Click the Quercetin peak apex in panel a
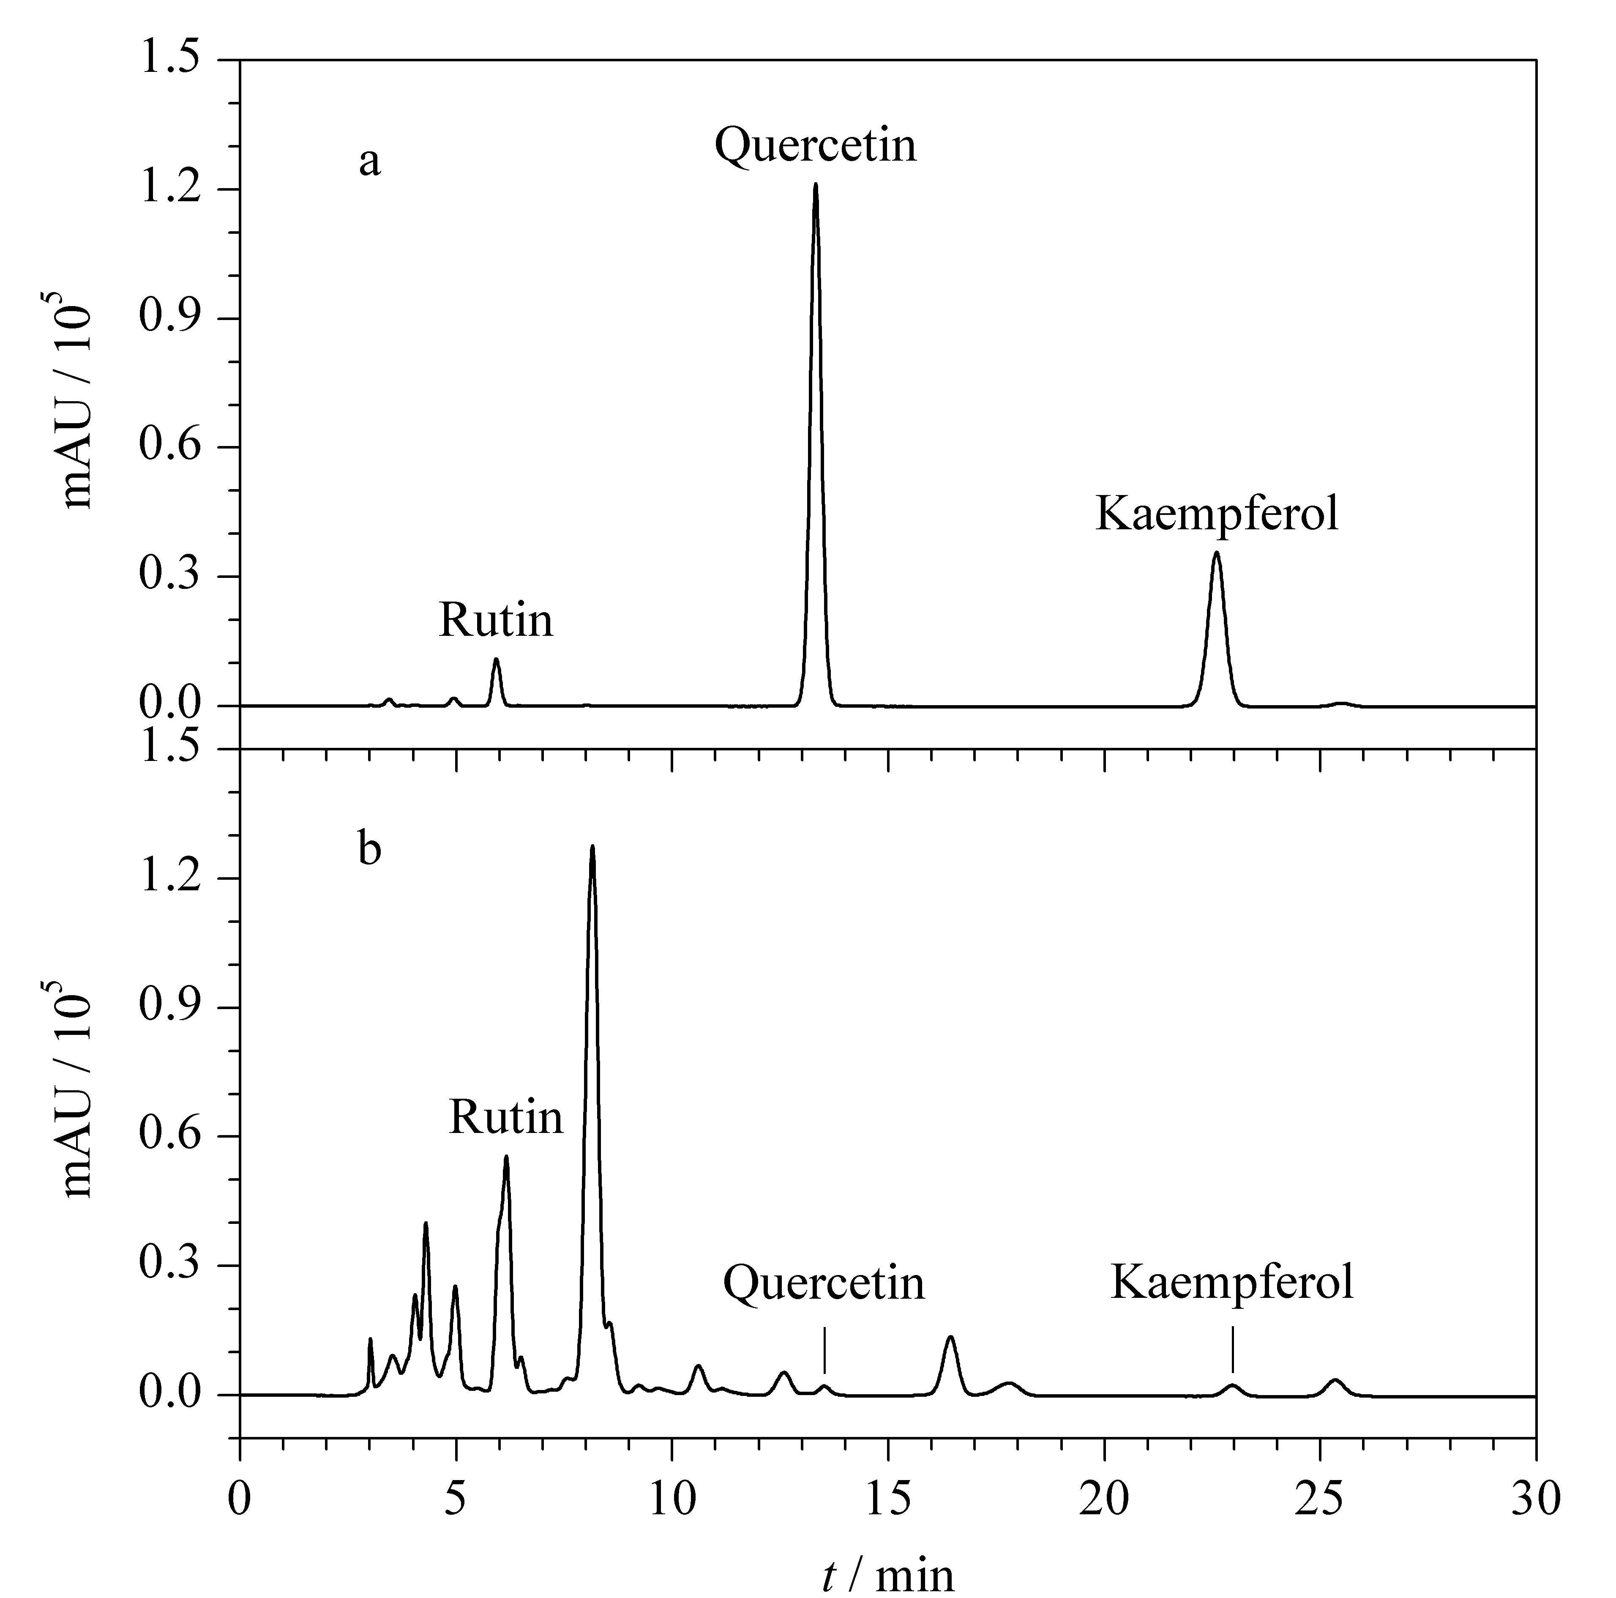[x=816, y=185]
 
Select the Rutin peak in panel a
[x=496, y=660]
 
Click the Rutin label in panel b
[x=506, y=1117]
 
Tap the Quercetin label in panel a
[x=816, y=145]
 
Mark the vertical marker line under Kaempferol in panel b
[x=1233, y=1350]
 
